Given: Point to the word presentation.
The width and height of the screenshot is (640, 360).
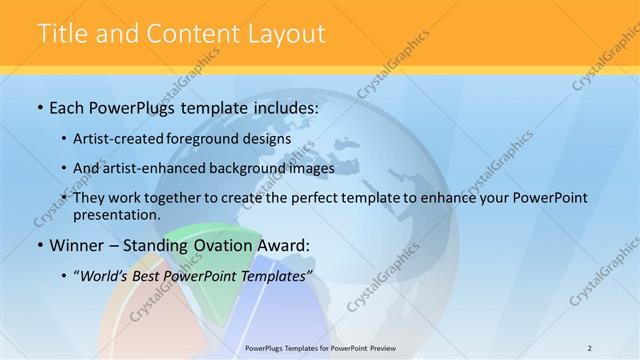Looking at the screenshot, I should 117,215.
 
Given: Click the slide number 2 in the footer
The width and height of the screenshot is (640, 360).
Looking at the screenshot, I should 589,347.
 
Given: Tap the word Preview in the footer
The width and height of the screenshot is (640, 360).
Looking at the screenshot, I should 380,347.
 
